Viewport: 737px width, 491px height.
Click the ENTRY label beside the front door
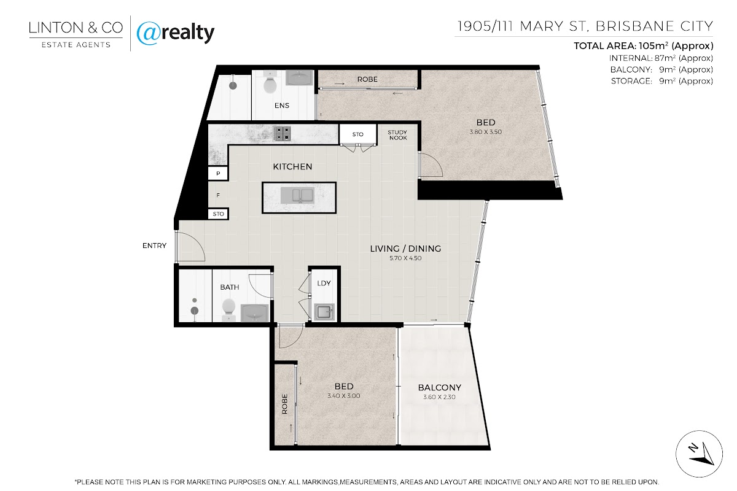(154, 245)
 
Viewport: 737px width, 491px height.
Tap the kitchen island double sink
(297, 196)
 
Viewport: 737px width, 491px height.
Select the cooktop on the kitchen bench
(282, 134)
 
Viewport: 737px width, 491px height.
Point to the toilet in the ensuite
(270, 85)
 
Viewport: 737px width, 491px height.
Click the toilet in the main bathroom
(228, 307)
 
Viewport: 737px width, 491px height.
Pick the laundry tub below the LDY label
(324, 312)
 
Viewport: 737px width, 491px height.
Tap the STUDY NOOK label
(397, 135)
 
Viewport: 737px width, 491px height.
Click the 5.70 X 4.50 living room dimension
(405, 258)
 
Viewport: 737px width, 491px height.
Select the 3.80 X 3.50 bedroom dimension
(486, 132)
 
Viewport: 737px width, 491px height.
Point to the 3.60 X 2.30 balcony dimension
(439, 397)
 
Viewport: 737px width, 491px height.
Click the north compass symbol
(699, 454)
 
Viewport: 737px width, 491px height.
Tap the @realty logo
(176, 33)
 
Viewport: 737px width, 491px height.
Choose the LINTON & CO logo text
(76, 28)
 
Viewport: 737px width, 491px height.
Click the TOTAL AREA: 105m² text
(644, 45)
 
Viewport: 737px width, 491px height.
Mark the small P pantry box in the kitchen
(218, 173)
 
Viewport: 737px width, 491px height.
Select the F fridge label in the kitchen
(218, 195)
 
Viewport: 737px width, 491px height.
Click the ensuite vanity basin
(299, 77)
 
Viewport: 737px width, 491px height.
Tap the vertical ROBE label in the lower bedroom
(284, 404)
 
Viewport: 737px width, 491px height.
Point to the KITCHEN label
(292, 167)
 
